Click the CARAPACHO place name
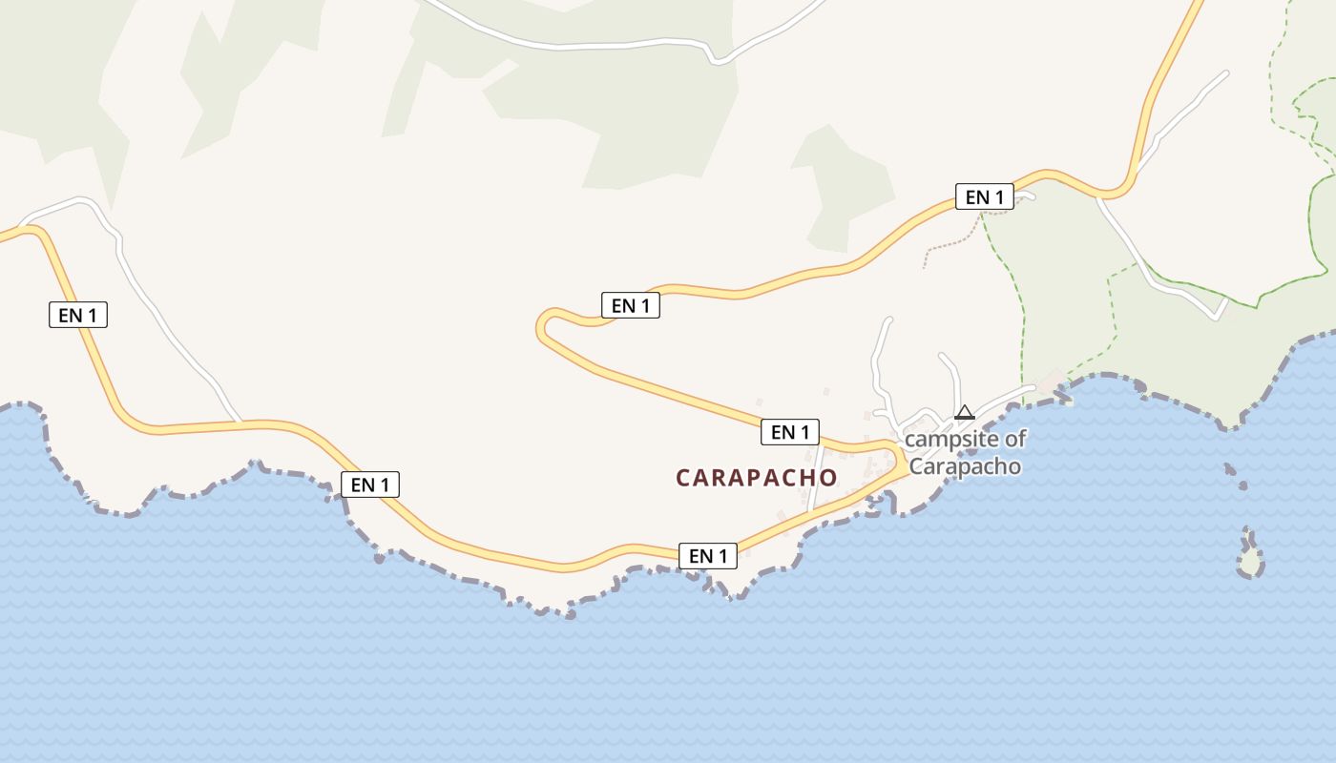pyautogui.click(x=757, y=478)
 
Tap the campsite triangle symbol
pyautogui.click(x=964, y=412)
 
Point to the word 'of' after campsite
pyautogui.click(x=1015, y=440)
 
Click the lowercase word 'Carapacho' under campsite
pyautogui.click(x=965, y=466)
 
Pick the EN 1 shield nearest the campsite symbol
pyautogui.click(x=790, y=432)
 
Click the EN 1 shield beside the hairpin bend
pyautogui.click(x=630, y=305)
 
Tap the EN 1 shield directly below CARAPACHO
pyautogui.click(x=708, y=555)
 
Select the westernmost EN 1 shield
pyautogui.click(x=78, y=315)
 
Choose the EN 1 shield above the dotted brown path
pyautogui.click(x=985, y=197)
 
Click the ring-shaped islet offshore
pyautogui.click(x=1250, y=564)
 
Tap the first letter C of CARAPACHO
pyautogui.click(x=683, y=478)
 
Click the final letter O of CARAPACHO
pyautogui.click(x=828, y=478)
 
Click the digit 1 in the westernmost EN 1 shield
pyautogui.click(x=95, y=315)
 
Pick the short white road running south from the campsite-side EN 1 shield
pyautogui.click(x=814, y=477)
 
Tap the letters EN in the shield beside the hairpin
pyautogui.click(x=623, y=305)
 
